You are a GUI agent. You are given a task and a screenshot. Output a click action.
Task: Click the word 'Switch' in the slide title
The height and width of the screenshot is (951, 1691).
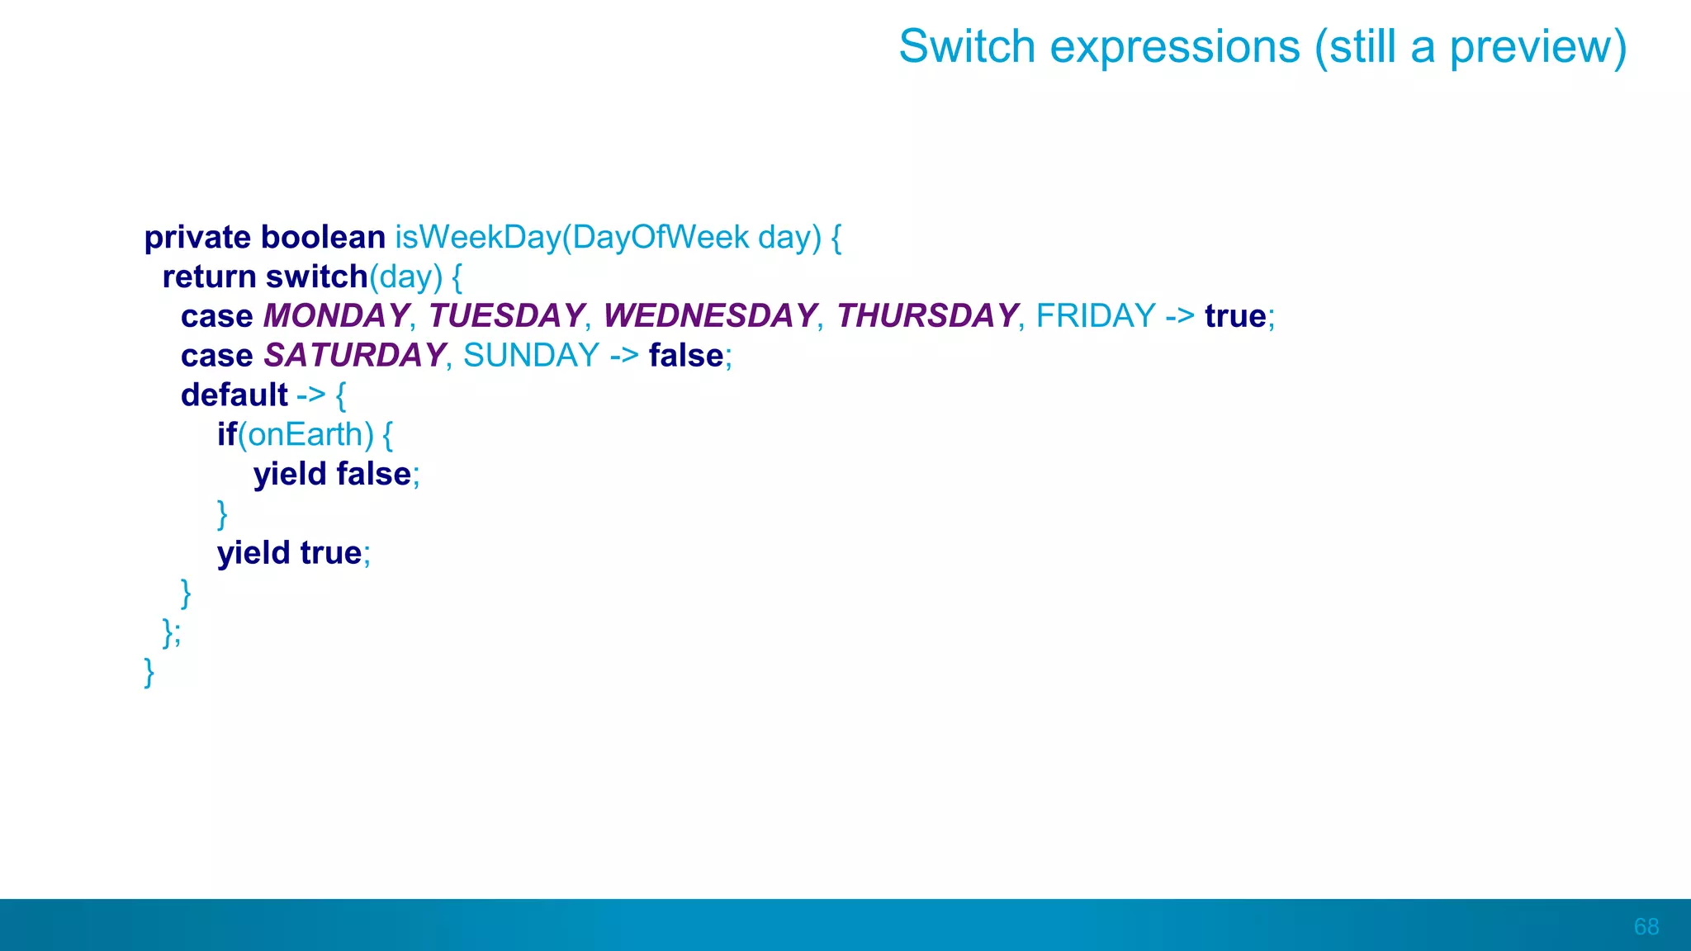[966, 46]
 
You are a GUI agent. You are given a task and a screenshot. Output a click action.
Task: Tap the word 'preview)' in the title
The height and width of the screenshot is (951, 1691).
[1537, 48]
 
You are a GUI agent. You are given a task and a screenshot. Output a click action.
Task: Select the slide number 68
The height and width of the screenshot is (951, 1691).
[1646, 926]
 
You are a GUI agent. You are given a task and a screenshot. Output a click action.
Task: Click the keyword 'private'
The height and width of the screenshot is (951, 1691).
[197, 238]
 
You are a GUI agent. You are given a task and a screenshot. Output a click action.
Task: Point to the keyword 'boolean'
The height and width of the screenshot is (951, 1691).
[323, 237]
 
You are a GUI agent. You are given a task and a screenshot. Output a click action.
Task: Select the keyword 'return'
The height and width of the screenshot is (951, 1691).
[209, 277]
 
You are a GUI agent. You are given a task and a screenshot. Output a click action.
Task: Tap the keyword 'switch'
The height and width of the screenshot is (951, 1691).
[316, 277]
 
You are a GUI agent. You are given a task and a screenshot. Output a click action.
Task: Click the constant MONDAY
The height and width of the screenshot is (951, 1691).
[335, 316]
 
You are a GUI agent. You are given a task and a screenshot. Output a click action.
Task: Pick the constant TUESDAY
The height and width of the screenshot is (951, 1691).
[506, 316]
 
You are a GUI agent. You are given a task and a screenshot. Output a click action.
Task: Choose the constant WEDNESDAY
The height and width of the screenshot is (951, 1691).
[709, 316]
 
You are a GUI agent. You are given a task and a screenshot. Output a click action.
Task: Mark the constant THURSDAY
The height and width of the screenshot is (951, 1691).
[926, 316]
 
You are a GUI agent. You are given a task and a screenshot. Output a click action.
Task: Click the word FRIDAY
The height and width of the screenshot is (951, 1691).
[1096, 316]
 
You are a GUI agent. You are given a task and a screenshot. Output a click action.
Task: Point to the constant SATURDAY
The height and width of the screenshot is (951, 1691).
[354, 356]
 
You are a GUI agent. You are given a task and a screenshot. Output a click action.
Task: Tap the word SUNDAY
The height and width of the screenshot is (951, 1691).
[531, 356]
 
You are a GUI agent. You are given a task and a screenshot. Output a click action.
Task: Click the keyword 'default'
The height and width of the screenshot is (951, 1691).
[234, 395]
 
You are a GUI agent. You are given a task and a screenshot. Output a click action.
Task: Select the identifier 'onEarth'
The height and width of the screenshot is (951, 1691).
[306, 435]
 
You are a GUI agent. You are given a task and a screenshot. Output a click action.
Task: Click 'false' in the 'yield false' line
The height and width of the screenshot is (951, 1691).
[373, 475]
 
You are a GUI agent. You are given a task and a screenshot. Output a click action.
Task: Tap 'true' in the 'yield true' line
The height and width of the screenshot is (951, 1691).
[330, 553]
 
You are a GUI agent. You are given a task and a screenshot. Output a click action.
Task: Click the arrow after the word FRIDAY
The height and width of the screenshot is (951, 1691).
[1180, 316]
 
